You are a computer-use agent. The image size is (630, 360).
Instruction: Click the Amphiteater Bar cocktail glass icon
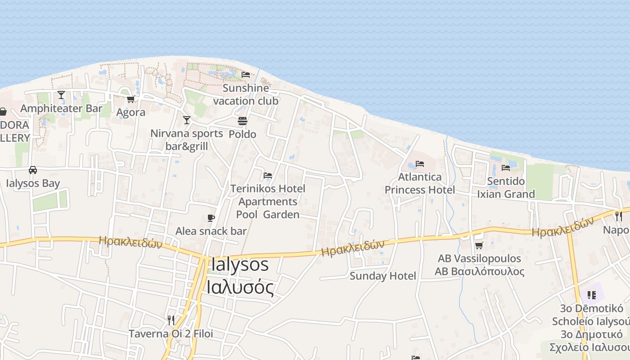[x=61, y=95]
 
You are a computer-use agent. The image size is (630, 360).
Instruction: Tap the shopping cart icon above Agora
[x=130, y=99]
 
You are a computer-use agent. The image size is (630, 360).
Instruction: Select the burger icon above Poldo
[x=243, y=121]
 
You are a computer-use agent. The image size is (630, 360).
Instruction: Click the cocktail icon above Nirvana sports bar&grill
[x=187, y=120]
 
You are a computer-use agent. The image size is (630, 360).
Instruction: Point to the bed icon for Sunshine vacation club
[x=246, y=74]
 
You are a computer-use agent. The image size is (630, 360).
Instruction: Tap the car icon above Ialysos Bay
[x=32, y=170]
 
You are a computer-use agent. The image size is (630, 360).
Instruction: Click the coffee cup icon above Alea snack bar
[x=211, y=218]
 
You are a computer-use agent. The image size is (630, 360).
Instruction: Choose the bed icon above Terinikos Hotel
[x=268, y=175]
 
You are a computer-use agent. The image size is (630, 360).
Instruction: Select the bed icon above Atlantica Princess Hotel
[x=420, y=164]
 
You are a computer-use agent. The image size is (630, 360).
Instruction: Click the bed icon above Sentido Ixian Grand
[x=506, y=168]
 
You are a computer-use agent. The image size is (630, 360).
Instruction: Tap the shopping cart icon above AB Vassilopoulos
[x=479, y=245]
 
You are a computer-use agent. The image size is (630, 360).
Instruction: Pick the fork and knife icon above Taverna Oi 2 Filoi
[x=171, y=320]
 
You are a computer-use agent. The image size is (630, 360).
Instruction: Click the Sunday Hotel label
[x=383, y=276]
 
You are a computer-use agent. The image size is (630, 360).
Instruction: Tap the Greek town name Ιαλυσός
[x=240, y=287]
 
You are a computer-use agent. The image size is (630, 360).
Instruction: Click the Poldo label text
[x=243, y=134]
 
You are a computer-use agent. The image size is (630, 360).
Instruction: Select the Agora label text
[x=131, y=112]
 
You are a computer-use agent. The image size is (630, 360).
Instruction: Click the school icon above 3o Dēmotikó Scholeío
[x=591, y=295]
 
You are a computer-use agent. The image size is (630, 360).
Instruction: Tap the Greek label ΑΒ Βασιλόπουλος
[x=479, y=271]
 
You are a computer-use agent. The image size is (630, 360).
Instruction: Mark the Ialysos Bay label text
[x=33, y=183]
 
